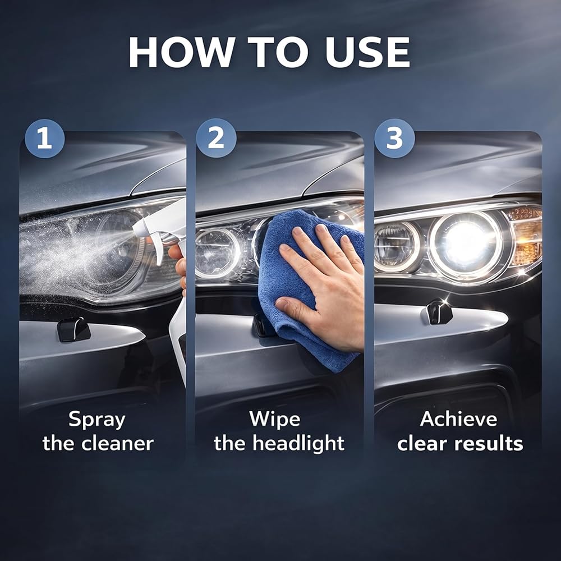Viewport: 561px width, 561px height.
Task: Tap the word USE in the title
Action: tap(367, 52)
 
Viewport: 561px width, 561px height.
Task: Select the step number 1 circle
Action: tap(45, 139)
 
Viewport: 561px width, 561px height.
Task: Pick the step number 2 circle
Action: tap(216, 138)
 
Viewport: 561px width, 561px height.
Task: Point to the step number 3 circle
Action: tap(394, 138)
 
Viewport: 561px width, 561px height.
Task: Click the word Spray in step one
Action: tap(96, 420)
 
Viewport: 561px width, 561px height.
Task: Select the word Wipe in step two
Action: tap(274, 419)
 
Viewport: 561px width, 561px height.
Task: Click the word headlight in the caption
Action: tap(298, 444)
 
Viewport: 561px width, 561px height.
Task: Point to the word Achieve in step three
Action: tap(459, 419)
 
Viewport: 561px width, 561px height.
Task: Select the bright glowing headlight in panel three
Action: tap(465, 244)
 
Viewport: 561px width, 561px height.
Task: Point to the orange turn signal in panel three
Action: tap(525, 236)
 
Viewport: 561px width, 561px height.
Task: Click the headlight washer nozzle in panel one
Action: tap(73, 329)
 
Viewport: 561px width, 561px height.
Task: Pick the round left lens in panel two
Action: tap(217, 253)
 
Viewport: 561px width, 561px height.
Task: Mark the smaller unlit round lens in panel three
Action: tap(397, 246)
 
